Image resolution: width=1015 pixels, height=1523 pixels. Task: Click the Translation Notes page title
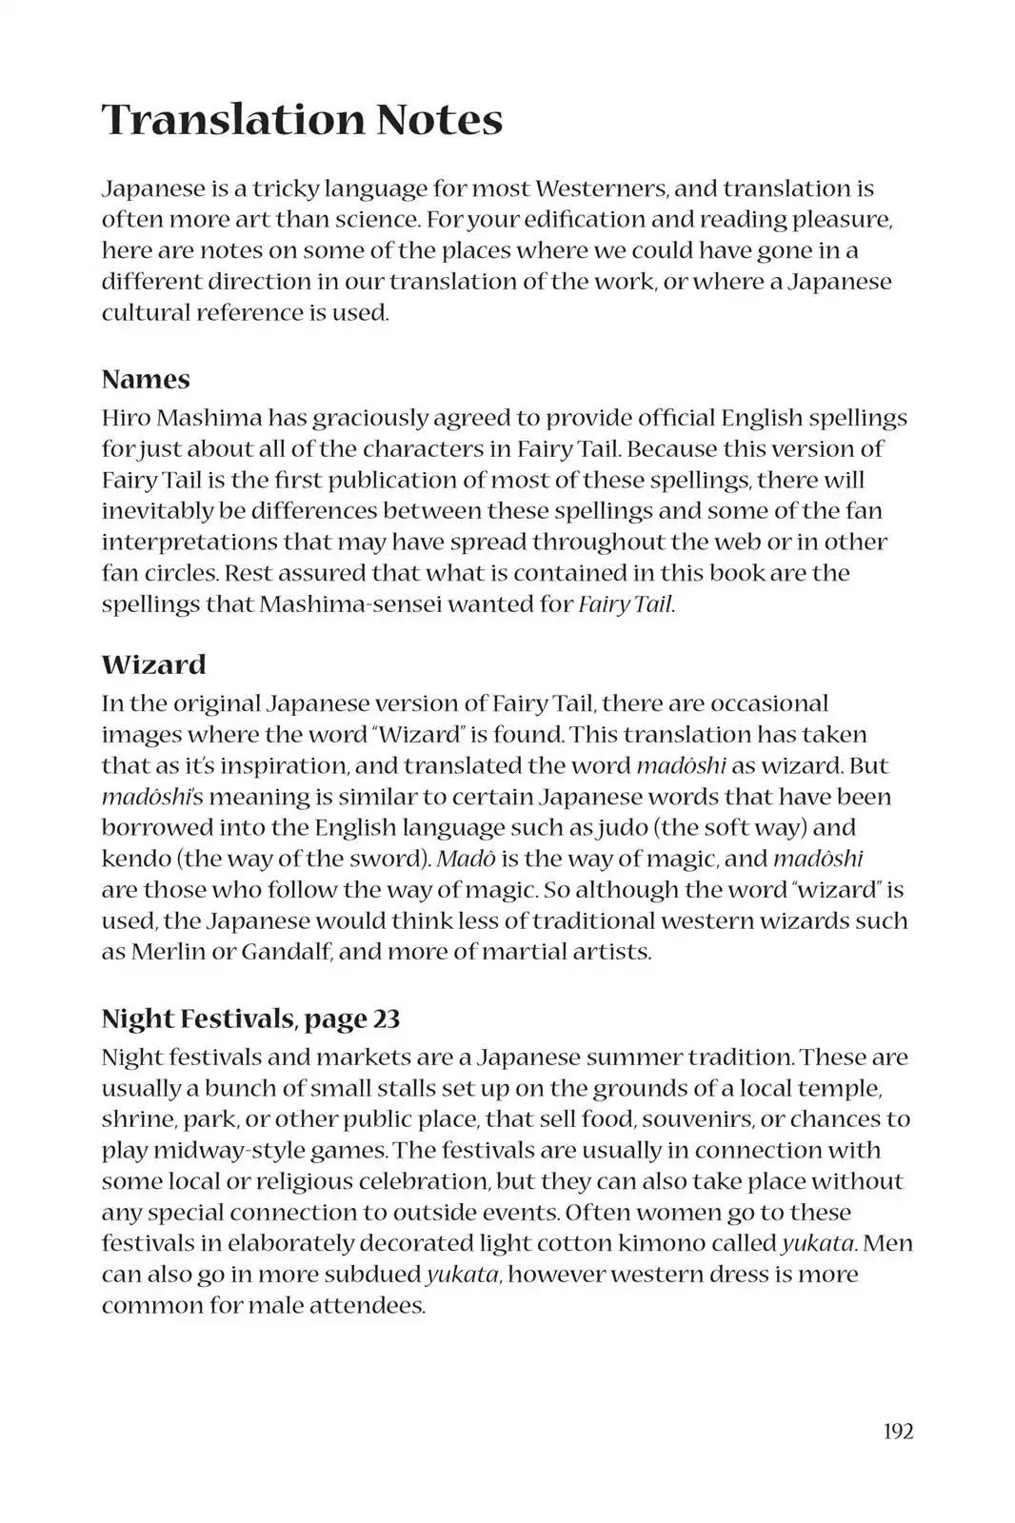302,120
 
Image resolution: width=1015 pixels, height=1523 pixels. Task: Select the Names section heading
146,379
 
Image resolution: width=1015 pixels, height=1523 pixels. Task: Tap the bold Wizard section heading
153,663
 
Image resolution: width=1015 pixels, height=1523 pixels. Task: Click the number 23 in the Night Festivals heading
387,1019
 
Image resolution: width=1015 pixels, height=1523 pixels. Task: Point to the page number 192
898,1431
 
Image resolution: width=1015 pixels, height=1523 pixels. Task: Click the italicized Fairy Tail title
626,604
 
